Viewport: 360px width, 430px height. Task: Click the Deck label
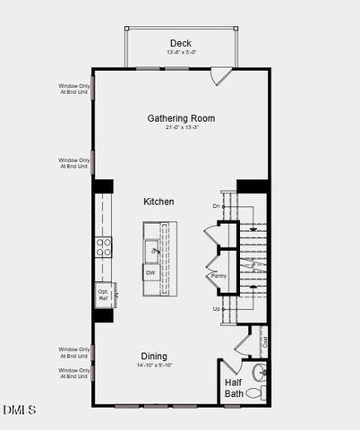click(x=182, y=43)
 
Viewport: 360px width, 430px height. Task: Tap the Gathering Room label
click(x=182, y=118)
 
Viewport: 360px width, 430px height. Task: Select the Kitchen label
click(x=159, y=202)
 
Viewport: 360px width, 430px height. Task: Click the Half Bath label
click(x=233, y=389)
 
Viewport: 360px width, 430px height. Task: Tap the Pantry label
click(x=219, y=277)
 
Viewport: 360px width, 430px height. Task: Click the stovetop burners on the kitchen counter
click(x=104, y=247)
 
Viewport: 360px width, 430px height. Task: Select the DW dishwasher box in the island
click(x=150, y=272)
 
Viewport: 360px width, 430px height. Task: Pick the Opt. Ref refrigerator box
click(x=103, y=294)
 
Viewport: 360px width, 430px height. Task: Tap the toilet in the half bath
click(x=253, y=392)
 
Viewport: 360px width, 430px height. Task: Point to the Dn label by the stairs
click(x=216, y=207)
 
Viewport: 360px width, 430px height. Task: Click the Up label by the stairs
click(x=216, y=309)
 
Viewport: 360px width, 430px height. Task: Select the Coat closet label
click(x=265, y=341)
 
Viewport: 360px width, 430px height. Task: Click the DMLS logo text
click(x=19, y=410)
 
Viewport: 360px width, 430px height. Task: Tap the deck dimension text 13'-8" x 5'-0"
click(x=182, y=52)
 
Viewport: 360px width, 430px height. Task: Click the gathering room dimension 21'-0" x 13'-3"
click(x=182, y=127)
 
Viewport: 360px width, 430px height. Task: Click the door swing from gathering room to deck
click(x=221, y=77)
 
